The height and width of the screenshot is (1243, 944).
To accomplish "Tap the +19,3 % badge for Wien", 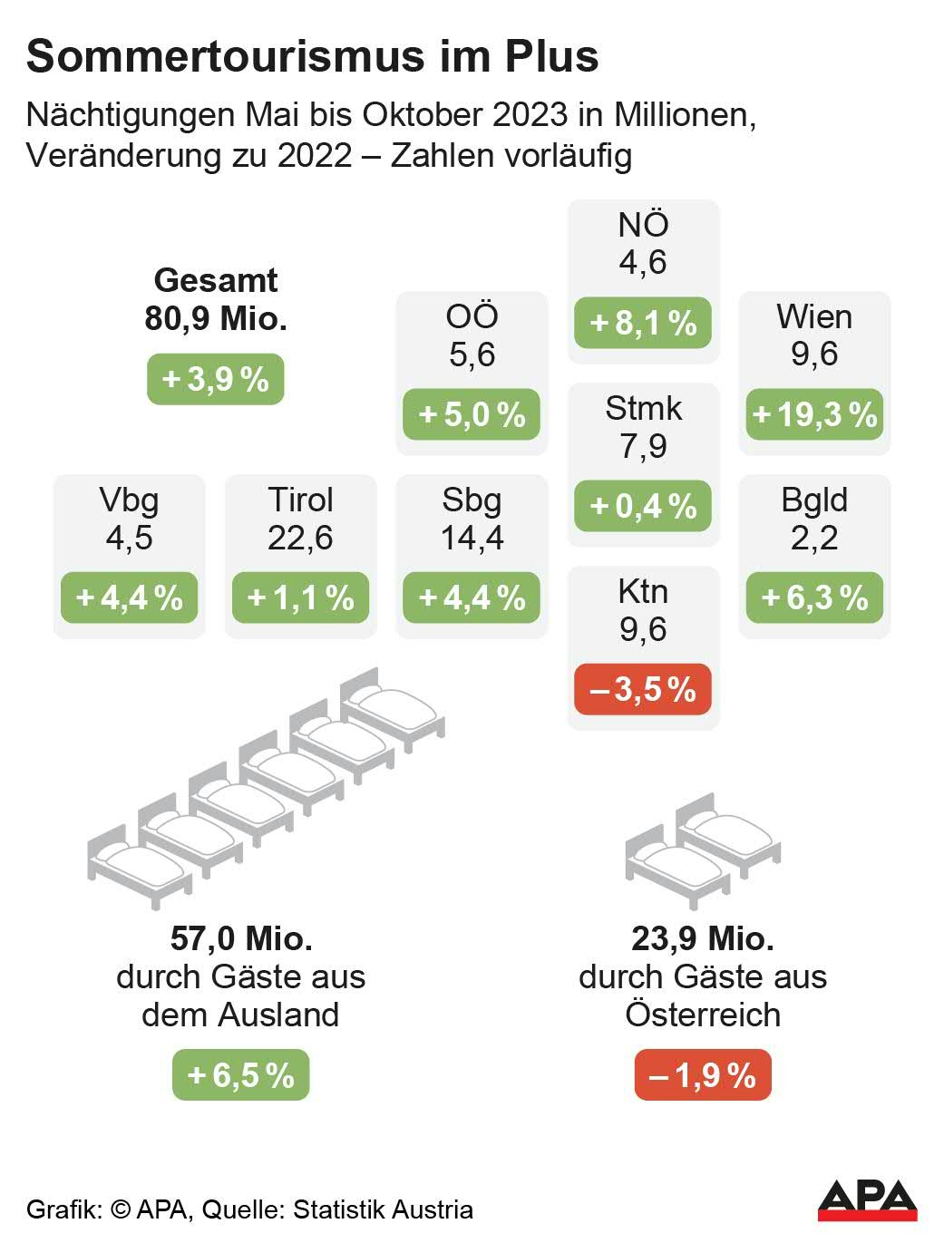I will pyautogui.click(x=814, y=414).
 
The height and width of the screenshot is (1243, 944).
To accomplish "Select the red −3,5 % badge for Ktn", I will pyautogui.click(x=643, y=689).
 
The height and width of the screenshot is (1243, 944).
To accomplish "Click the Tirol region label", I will pyautogui.click(x=300, y=500).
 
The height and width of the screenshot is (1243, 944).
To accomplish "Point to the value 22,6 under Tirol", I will pyautogui.click(x=300, y=538).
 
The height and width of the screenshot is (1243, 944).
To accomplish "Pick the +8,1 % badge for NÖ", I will pyautogui.click(x=643, y=323).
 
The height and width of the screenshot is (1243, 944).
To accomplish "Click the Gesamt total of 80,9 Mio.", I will pyautogui.click(x=216, y=318).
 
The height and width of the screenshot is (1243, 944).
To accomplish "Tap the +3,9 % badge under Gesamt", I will pyautogui.click(x=216, y=378).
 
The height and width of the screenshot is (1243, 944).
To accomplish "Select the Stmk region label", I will pyautogui.click(x=643, y=408).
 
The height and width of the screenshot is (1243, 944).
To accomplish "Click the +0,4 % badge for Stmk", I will pyautogui.click(x=643, y=506).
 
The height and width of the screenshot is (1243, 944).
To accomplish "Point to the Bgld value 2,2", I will pyautogui.click(x=814, y=538).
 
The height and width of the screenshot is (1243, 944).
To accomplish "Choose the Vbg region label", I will pyautogui.click(x=129, y=500).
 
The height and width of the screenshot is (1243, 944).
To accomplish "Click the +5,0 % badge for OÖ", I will pyautogui.click(x=472, y=414).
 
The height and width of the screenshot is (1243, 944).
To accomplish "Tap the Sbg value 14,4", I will pyautogui.click(x=472, y=538).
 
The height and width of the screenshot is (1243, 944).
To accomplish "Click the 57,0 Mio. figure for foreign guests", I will pyautogui.click(x=241, y=938).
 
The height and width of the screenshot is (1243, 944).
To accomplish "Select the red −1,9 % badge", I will pyautogui.click(x=703, y=1075).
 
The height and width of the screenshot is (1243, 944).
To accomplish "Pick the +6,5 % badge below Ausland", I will pyautogui.click(x=241, y=1075).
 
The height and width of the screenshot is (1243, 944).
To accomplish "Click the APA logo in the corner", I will pyautogui.click(x=867, y=1199).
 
